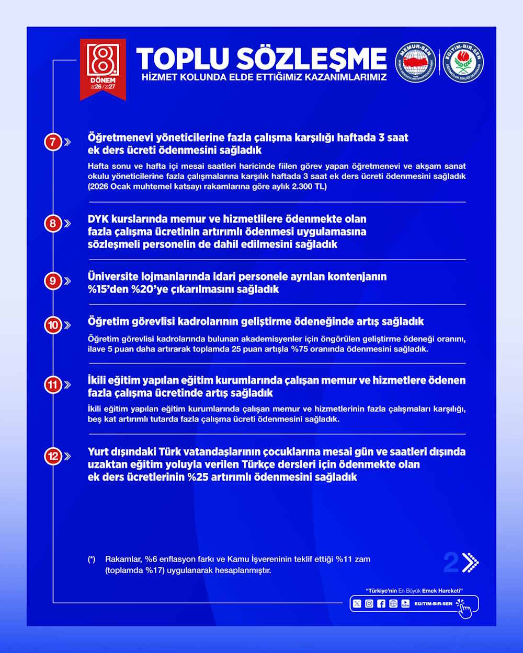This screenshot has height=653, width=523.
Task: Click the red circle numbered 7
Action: coord(53,142)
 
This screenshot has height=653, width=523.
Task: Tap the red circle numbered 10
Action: coord(53,325)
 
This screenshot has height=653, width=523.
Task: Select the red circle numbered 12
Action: coord(53,456)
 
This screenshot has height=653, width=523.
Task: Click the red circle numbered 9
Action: coord(53,281)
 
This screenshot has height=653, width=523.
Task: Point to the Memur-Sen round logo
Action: coord(415,63)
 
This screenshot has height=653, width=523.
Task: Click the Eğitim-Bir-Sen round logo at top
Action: coord(463,63)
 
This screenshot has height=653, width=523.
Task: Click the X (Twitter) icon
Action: coord(357,604)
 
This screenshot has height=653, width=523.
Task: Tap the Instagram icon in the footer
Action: coord(369,604)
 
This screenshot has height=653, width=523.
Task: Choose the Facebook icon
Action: coord(381,604)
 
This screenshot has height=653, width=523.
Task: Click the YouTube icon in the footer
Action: coord(405,604)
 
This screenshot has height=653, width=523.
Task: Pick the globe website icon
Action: coord(393,604)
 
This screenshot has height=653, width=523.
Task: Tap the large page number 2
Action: coord(450,563)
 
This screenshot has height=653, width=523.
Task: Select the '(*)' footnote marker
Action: coord(92,559)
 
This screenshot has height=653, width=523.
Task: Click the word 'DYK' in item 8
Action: coord(98,219)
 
